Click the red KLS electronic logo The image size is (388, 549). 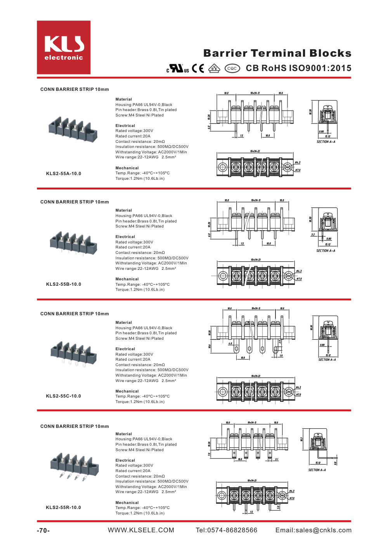click(64, 47)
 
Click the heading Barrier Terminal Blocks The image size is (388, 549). click(277, 53)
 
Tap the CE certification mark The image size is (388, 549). click(198, 68)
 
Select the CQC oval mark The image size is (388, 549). click(232, 68)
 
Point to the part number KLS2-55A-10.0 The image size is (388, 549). click(64, 174)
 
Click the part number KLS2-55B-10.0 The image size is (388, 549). click(64, 284)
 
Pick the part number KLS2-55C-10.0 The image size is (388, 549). click(64, 396)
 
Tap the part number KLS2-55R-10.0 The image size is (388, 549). click(64, 507)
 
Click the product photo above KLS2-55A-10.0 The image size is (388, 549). click(73, 128)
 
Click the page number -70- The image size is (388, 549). click(43, 530)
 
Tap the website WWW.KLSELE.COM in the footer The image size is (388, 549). click(141, 530)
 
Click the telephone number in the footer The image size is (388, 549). click(227, 530)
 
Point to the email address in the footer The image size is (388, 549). click(314, 530)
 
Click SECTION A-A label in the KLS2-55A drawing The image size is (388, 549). click(326, 142)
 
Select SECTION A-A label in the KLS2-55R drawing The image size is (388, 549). click(317, 470)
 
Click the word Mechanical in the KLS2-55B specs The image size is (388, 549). click(127, 279)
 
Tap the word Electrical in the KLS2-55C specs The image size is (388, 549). click(125, 349)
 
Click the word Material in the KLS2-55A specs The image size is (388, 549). click(124, 99)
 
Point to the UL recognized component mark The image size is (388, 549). click(178, 68)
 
